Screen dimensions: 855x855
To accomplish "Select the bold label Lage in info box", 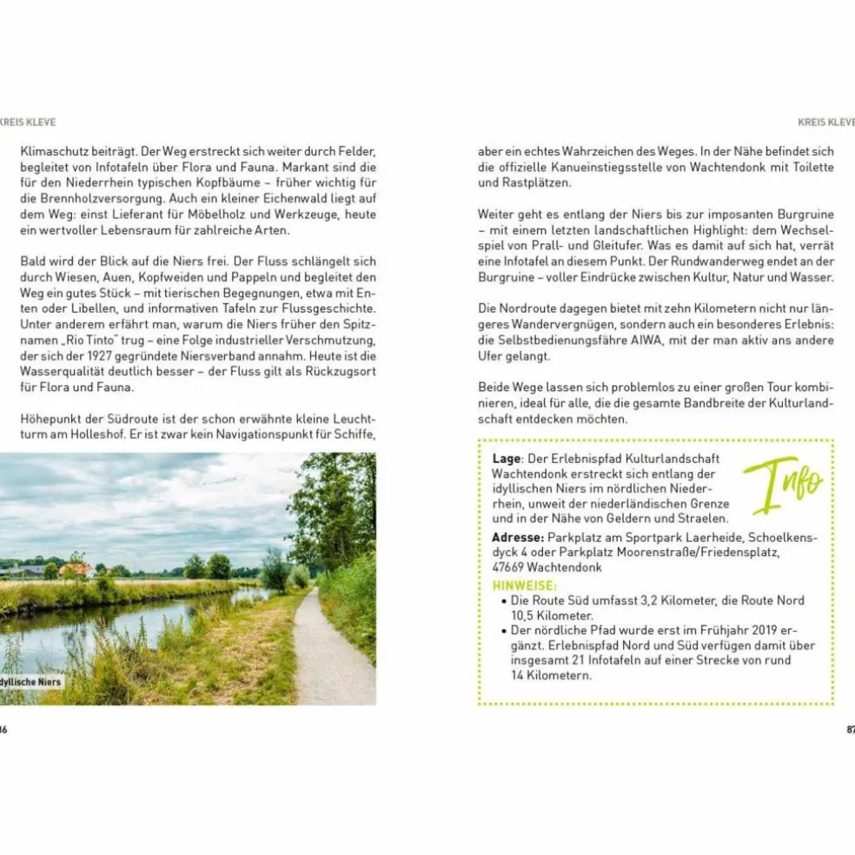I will pos(506,458).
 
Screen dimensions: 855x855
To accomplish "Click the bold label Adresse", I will pos(518,536).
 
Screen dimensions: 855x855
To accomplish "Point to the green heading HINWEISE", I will pos(524,586).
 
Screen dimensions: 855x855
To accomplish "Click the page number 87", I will pos(849,729).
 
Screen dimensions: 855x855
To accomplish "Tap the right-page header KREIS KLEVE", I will pos(825,122).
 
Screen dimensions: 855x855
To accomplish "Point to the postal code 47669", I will pos(511,567).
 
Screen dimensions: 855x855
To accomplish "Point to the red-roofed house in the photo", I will pos(76,569).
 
